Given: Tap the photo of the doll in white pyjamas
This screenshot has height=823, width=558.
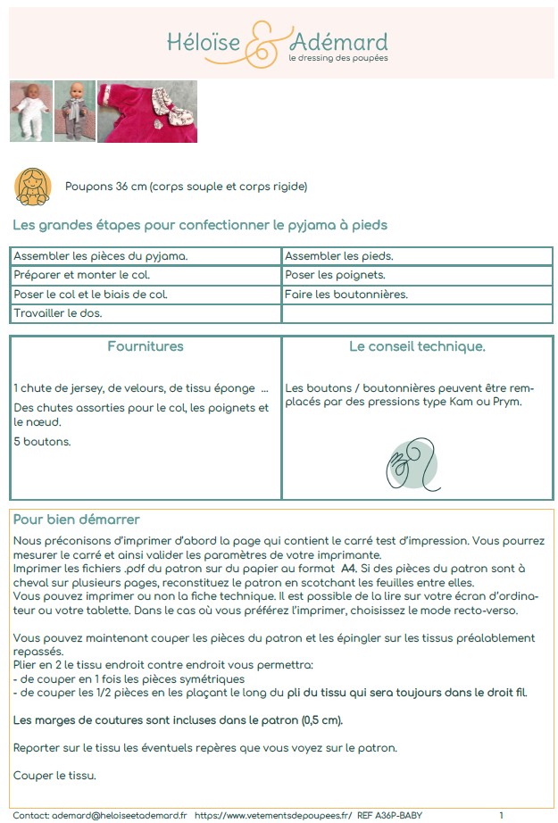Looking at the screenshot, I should pyautogui.click(x=30, y=112).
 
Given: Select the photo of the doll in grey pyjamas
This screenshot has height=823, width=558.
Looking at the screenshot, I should pyautogui.click(x=75, y=112).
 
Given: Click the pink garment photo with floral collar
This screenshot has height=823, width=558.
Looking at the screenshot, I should pyautogui.click(x=147, y=112).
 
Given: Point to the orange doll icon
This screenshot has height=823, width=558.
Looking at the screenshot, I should pyautogui.click(x=32, y=186).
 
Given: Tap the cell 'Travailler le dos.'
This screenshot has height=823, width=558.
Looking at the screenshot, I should pyautogui.click(x=58, y=313).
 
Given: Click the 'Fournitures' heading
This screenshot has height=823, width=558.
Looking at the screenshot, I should pyautogui.click(x=146, y=346).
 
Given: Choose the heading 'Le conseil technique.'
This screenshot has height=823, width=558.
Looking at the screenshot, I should pyautogui.click(x=417, y=346).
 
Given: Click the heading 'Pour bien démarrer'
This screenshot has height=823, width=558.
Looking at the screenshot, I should pyautogui.click(x=76, y=520).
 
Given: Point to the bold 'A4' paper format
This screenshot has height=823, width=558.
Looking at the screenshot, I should pyautogui.click(x=351, y=568).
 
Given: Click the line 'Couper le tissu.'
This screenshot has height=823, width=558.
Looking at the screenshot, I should pyautogui.click(x=55, y=775).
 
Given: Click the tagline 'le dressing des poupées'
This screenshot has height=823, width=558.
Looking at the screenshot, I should pyautogui.click(x=337, y=59).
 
